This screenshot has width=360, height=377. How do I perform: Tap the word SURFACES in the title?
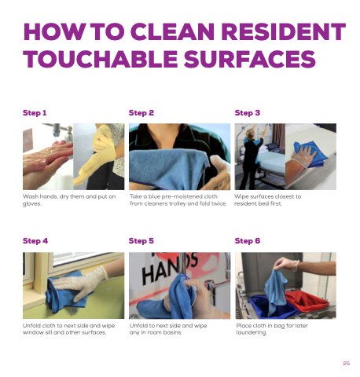click(249, 59)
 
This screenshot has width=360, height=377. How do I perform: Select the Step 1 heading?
click(35, 113)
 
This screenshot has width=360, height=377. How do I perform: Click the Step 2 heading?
click(141, 113)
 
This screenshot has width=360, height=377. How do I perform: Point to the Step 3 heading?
click(248, 113)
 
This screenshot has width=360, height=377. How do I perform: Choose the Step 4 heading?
click(35, 241)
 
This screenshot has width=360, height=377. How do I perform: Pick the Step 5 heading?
click(141, 241)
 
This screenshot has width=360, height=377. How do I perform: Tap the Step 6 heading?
click(248, 241)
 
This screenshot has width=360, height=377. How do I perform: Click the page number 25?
click(346, 363)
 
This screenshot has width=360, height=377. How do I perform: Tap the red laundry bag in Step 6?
click(306, 302)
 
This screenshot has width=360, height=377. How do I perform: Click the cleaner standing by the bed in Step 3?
click(252, 157)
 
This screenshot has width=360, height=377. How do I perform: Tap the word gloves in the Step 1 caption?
click(31, 204)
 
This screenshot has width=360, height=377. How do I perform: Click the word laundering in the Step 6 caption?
click(252, 332)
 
